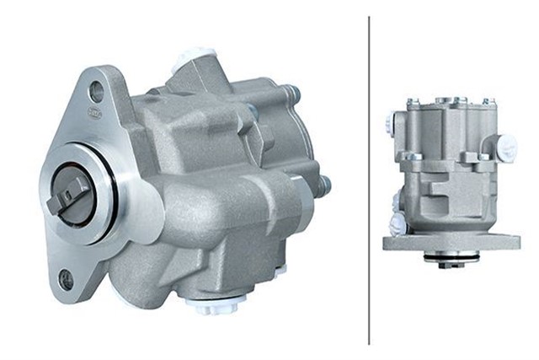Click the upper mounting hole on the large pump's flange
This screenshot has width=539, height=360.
[x=97, y=92]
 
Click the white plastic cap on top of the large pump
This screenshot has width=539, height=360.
[x=195, y=60]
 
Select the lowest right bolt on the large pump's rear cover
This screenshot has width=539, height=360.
[x=323, y=185]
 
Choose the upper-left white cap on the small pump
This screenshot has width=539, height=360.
[x=390, y=123]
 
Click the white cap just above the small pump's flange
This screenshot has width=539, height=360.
[x=400, y=223]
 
